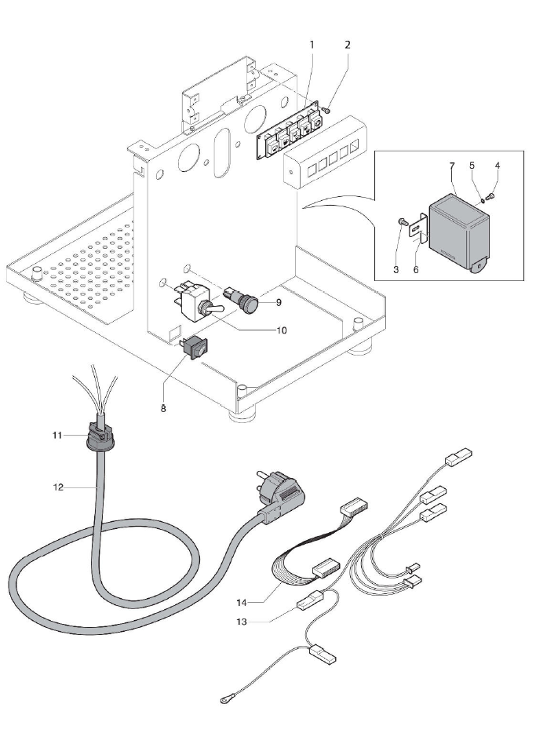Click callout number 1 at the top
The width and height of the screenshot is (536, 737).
click(312, 45)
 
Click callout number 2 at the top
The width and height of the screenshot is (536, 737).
click(346, 45)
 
